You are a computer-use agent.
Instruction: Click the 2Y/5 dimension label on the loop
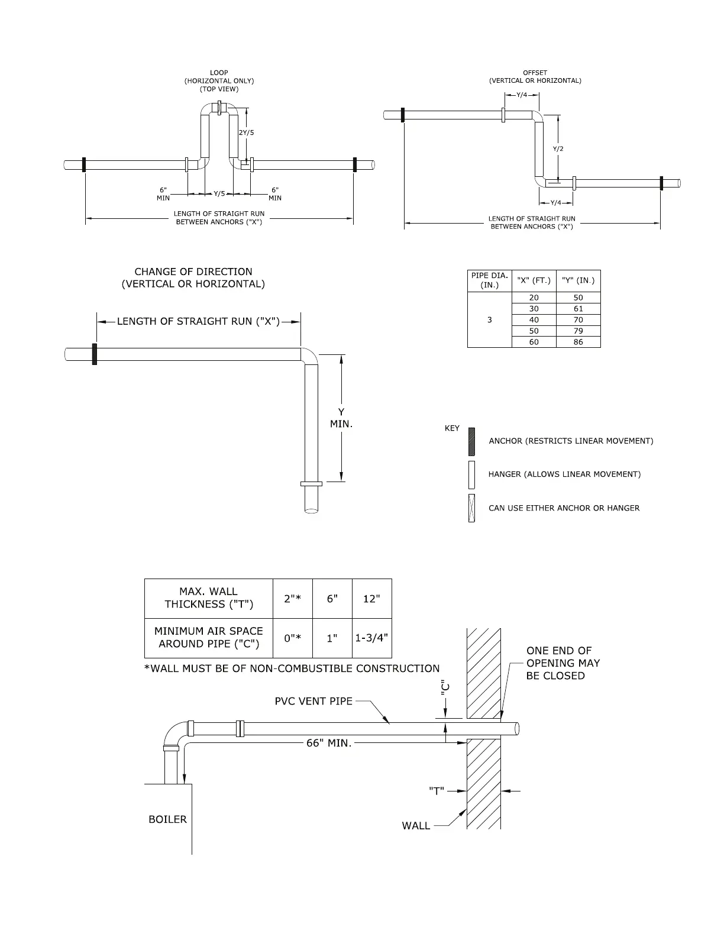coord(247,133)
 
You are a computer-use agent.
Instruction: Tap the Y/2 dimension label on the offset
coord(558,148)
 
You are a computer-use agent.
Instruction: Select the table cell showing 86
coord(578,342)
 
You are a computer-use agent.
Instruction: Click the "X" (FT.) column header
coord(534,280)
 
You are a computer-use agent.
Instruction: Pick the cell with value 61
coord(578,309)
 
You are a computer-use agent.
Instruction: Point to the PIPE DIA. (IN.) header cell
coord(489,280)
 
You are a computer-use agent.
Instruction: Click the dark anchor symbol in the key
coord(471,441)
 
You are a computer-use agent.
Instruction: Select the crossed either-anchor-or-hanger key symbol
coord(471,508)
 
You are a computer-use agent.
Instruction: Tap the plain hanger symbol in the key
coord(471,474)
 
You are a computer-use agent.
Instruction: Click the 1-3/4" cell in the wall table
coord(371,638)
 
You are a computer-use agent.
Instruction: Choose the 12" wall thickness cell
coord(371,599)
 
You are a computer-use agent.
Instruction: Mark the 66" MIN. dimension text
coord(329,743)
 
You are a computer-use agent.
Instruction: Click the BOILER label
coord(167,819)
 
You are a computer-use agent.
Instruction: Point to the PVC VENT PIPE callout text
coord(313,702)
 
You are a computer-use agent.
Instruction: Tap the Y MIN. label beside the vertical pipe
coord(341,418)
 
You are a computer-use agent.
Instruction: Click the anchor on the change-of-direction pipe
coord(95,354)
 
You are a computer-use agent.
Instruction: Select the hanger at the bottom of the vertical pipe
coord(311,484)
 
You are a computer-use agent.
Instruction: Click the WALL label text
coord(416,826)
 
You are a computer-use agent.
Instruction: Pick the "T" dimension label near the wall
coord(437,791)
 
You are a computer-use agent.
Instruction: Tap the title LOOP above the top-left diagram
coord(219,73)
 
